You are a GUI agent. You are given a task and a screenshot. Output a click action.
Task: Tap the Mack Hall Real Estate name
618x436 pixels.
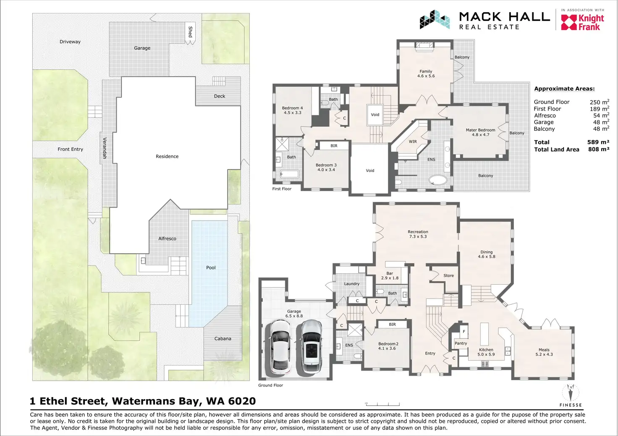tap(504, 21)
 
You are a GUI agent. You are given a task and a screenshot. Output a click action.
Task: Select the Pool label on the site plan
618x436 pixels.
tap(211, 267)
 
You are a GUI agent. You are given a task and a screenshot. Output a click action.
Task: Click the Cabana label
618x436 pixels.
tap(223, 339)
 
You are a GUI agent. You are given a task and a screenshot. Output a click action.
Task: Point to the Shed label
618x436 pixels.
tap(190, 32)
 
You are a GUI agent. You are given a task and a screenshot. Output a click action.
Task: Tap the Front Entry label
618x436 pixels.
tap(71, 149)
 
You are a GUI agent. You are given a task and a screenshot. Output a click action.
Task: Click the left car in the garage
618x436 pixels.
tap(280, 347)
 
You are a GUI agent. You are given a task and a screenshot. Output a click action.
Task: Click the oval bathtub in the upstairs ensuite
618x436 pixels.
tap(438, 180)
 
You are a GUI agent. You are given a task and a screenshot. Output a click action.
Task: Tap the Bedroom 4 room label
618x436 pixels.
tap(292, 110)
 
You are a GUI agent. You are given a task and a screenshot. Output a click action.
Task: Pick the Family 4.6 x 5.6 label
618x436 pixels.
tap(426, 74)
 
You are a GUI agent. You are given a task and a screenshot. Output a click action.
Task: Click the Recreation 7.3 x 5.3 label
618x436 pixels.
tap(418, 234)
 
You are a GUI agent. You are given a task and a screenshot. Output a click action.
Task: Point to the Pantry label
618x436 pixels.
tap(461, 343)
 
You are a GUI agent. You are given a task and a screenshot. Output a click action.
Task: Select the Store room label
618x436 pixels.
tap(448, 275)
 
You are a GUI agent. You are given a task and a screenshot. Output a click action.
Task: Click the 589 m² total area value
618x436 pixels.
tap(598, 142)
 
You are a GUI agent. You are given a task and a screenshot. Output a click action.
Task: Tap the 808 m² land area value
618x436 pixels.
tap(598, 149)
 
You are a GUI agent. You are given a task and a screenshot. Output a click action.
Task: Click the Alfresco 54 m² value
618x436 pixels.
tap(601, 115)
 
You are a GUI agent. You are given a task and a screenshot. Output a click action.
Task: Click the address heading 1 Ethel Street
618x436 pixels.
tap(143, 401)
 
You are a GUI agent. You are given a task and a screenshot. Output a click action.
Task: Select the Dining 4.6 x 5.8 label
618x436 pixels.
tap(486, 254)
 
